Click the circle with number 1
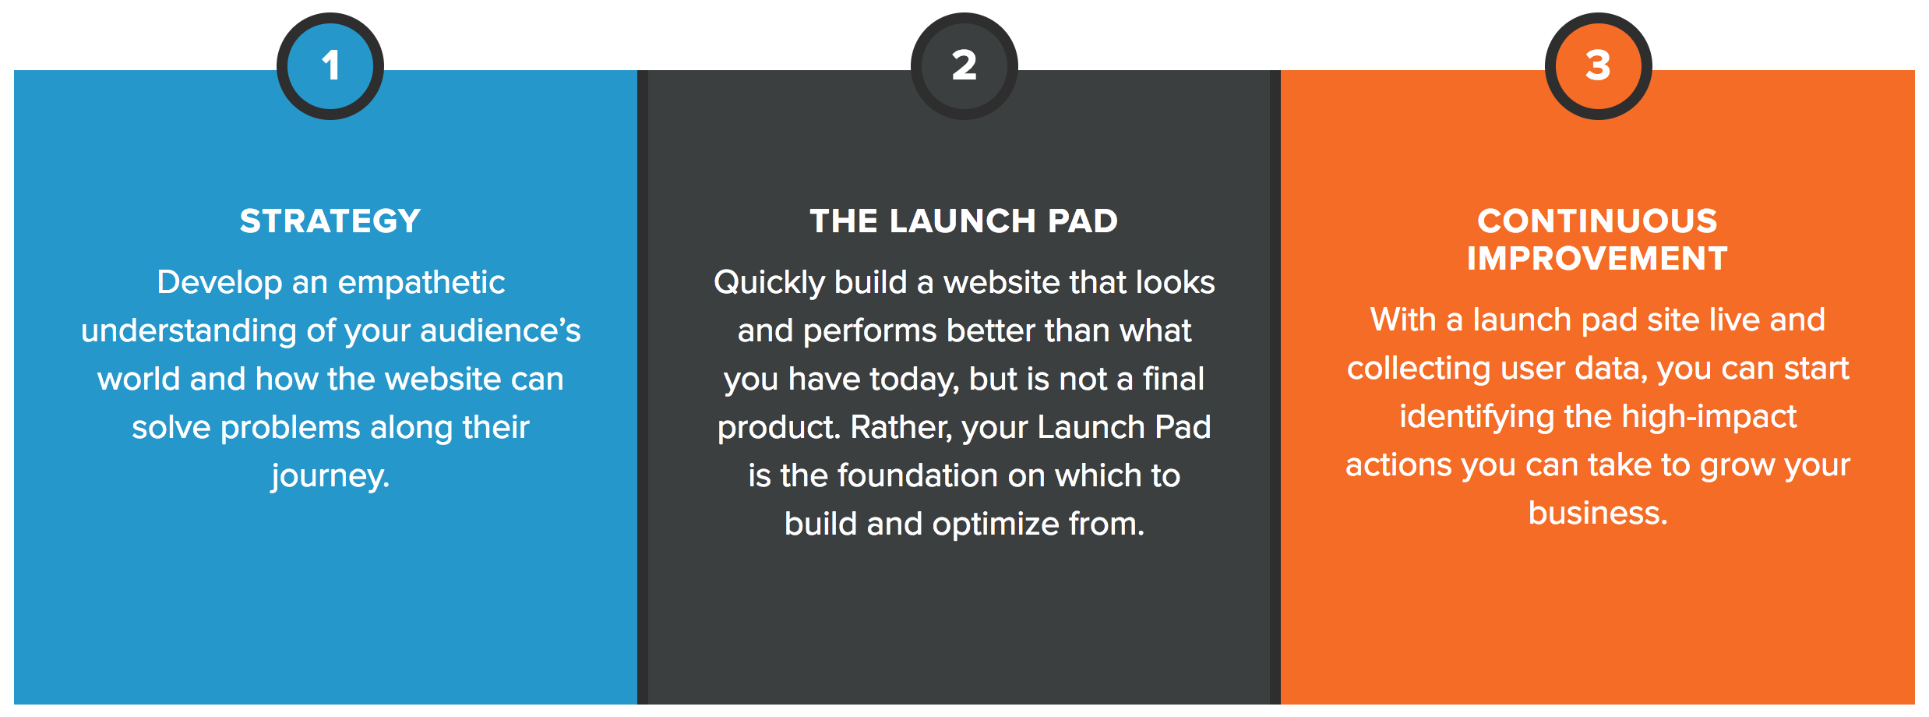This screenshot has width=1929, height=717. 330,65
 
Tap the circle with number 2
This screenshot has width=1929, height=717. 964,65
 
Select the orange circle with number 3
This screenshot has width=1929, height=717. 1598,65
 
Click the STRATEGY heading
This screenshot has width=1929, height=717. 330,221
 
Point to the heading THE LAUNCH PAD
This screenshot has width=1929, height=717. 964,221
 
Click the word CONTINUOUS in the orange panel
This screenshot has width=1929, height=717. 1597,221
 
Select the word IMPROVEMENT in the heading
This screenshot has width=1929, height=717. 1597,259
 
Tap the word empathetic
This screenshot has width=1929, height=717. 421,283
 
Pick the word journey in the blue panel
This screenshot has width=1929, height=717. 327,476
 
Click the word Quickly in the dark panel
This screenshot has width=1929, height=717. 769,283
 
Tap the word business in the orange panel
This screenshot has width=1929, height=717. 1595,514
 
